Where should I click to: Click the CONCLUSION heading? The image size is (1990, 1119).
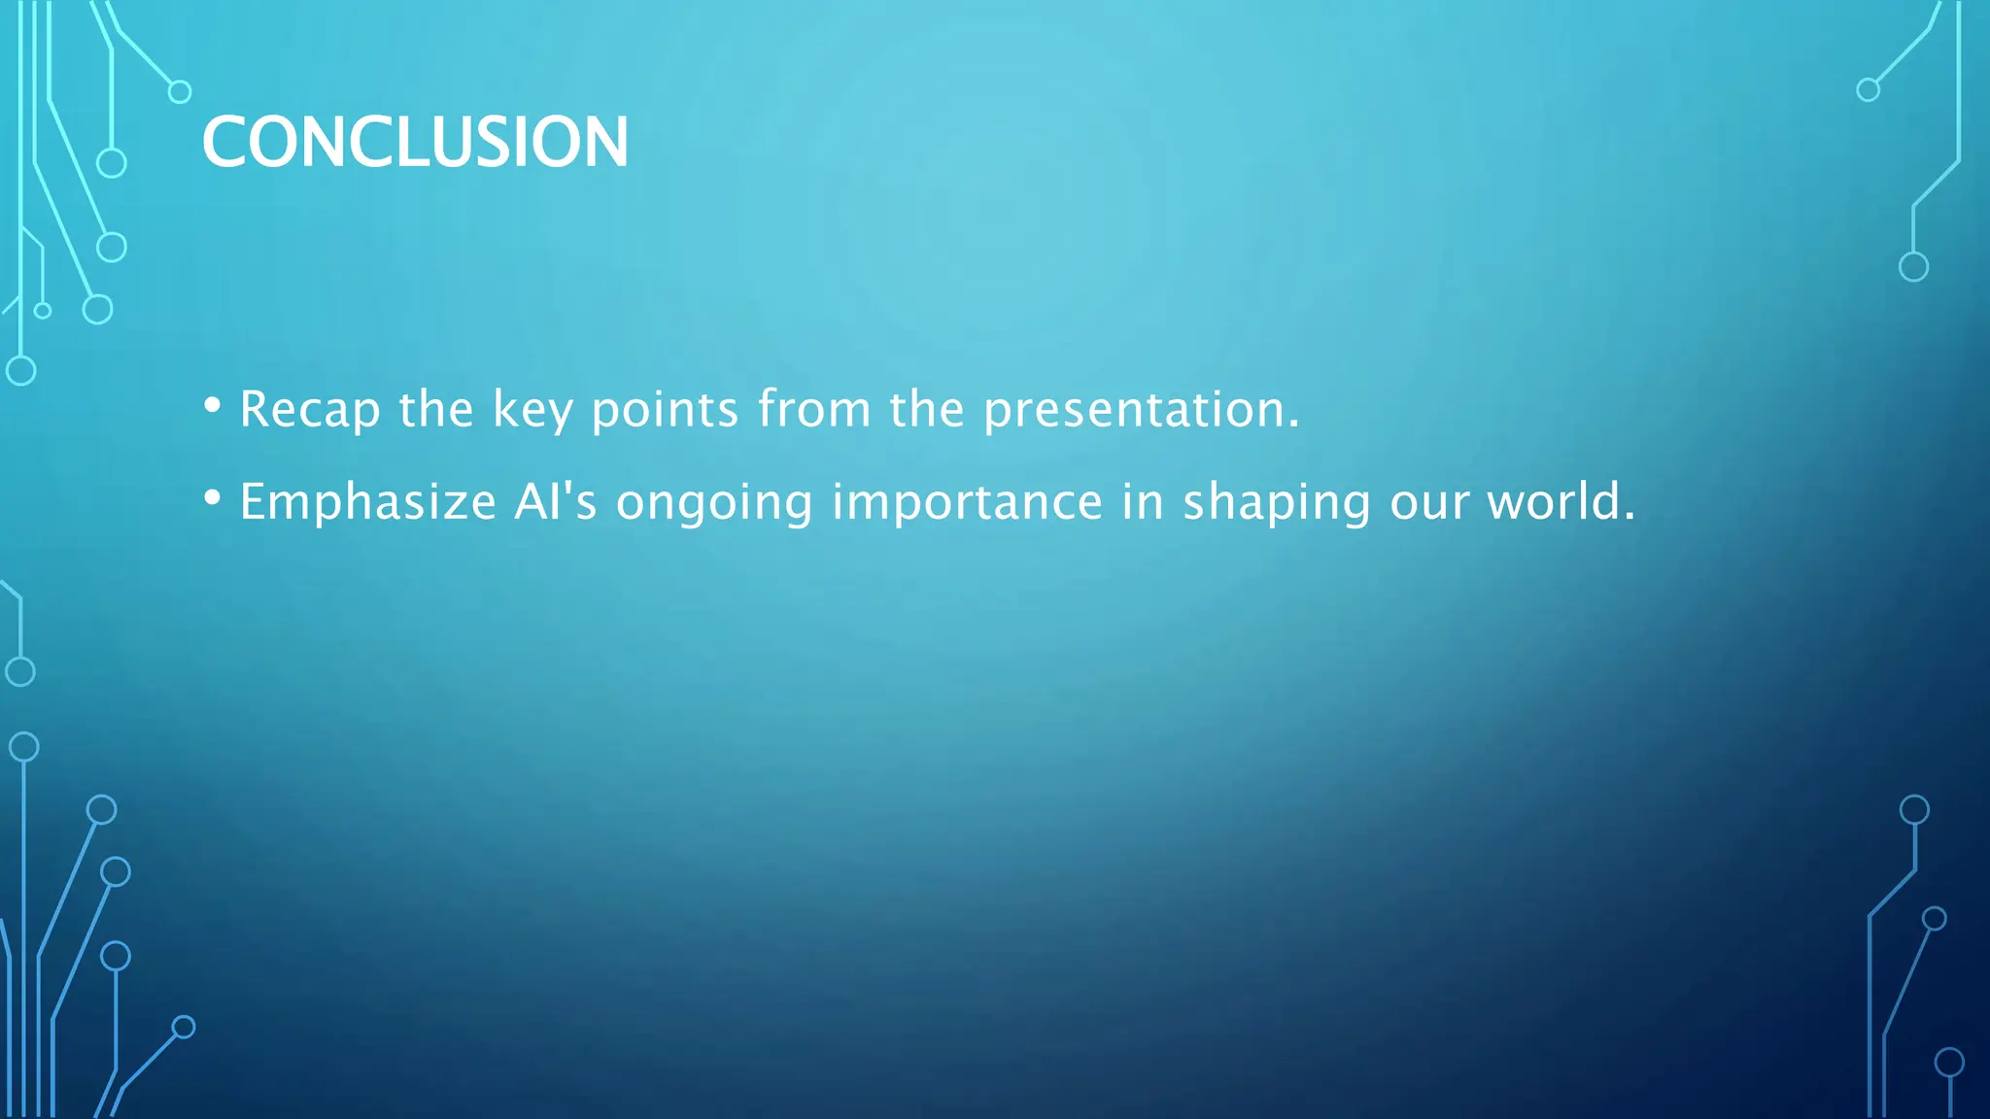(415, 142)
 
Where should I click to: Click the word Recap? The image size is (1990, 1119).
(309, 409)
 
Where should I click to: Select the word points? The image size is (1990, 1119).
(665, 409)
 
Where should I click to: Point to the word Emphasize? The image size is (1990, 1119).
(367, 502)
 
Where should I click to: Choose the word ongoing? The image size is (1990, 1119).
(714, 502)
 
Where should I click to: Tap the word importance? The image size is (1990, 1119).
(967, 502)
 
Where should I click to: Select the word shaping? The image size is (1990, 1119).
(1275, 502)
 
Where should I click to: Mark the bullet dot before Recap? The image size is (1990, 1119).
(212, 405)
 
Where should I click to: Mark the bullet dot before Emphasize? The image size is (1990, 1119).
(212, 498)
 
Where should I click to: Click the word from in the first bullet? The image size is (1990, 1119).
(813, 409)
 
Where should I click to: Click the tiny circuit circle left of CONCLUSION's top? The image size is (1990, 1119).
(180, 92)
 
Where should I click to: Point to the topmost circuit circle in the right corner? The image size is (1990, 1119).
(1868, 90)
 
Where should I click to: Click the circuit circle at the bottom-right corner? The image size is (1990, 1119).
(1949, 1063)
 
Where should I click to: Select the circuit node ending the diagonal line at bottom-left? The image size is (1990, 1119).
(184, 1027)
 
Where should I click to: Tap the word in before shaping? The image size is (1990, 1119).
(1143, 502)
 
